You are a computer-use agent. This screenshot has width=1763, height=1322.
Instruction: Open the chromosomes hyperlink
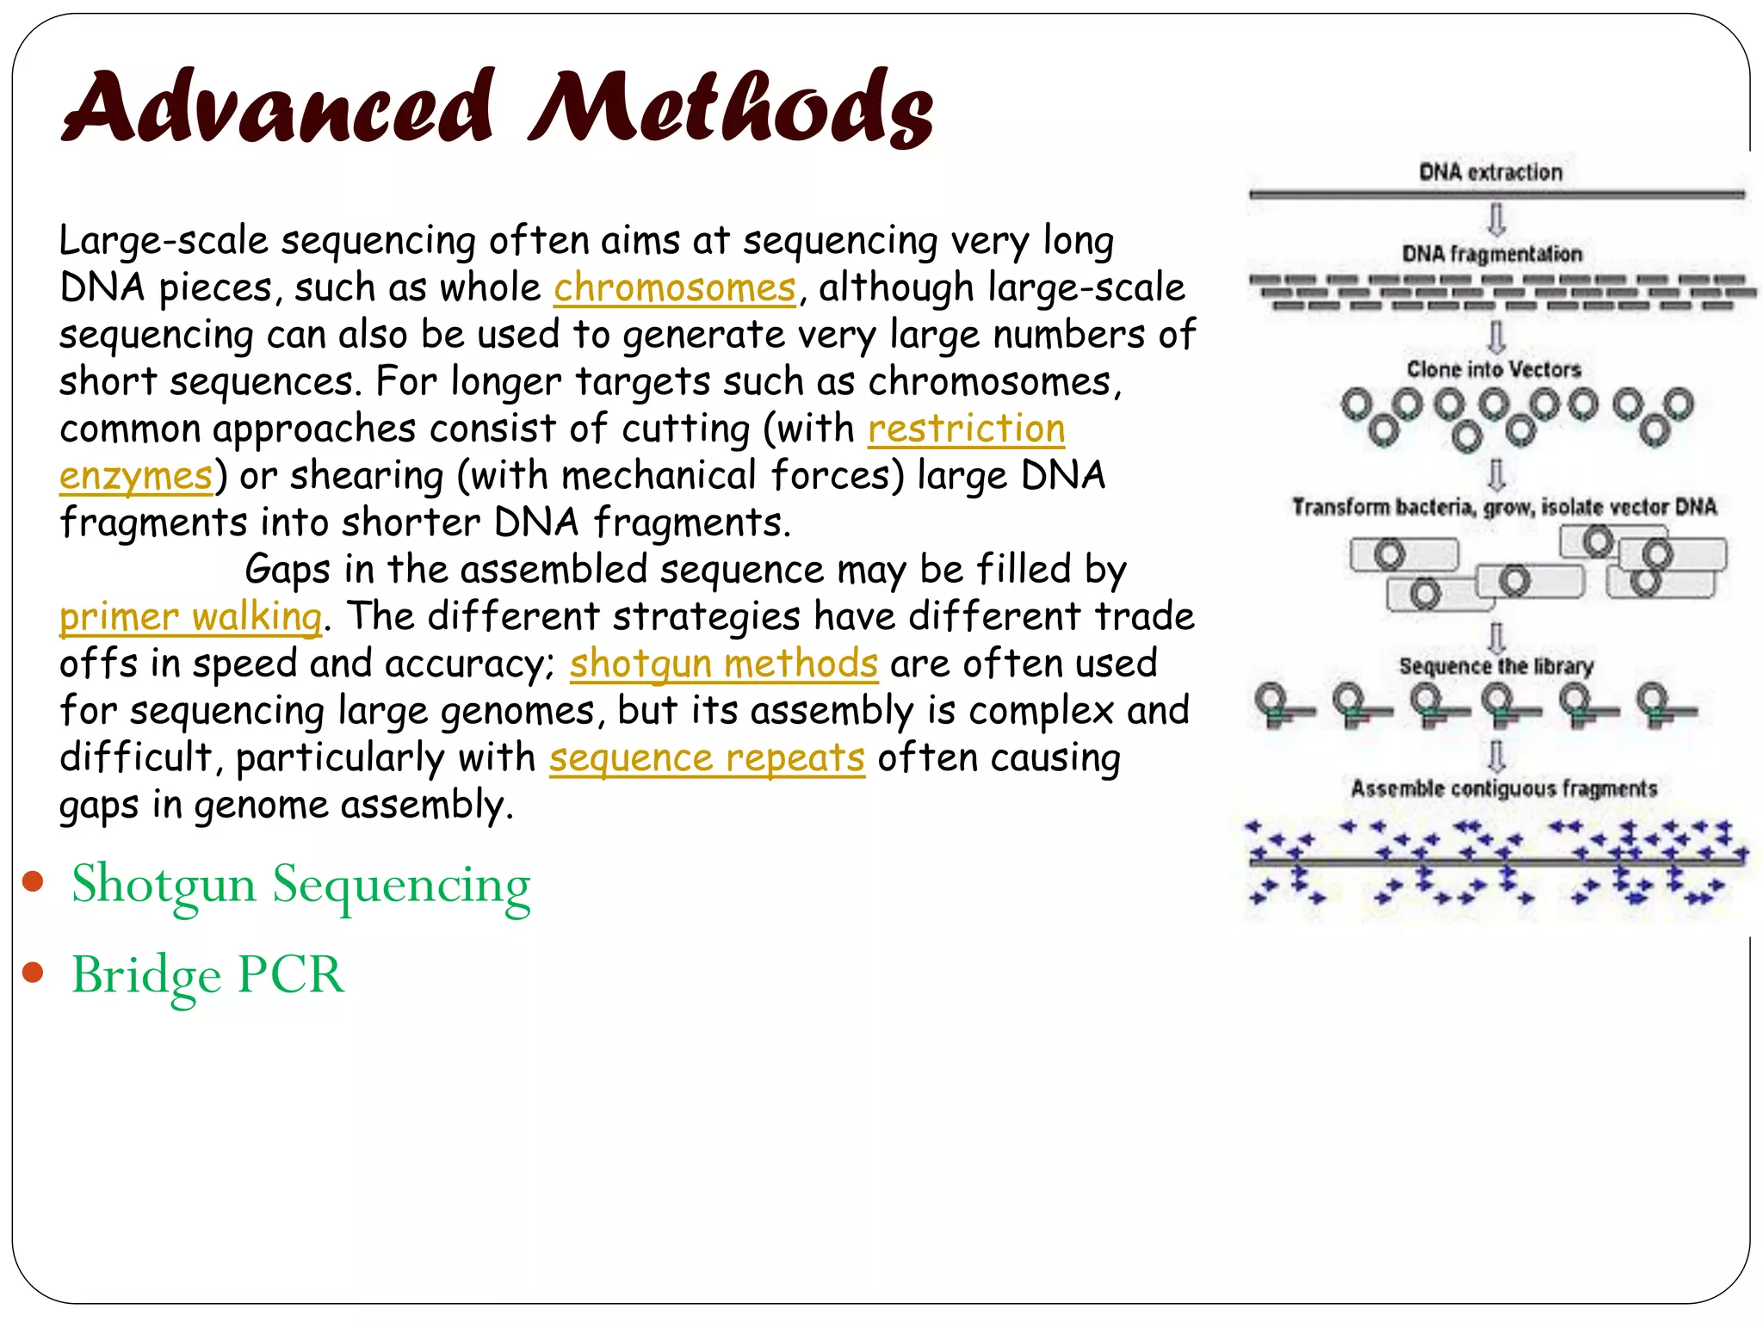click(675, 288)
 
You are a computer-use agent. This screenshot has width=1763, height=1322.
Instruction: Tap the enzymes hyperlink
click(136, 476)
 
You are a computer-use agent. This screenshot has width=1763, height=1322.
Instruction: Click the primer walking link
click(190, 617)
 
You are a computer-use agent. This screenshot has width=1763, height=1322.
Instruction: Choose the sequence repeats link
click(707, 758)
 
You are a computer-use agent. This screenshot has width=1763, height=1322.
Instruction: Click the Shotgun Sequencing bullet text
click(300, 886)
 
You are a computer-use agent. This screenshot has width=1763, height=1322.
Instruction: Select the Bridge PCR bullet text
click(207, 975)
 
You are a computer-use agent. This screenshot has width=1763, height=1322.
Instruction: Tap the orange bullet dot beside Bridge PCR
click(34, 973)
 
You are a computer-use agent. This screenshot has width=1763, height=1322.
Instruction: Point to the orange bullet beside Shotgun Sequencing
click(34, 881)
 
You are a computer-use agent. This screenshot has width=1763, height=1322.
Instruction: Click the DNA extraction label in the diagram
click(1490, 172)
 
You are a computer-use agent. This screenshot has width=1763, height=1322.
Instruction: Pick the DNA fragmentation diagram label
click(1492, 254)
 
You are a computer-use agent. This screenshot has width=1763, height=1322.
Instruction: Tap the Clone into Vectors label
click(1494, 369)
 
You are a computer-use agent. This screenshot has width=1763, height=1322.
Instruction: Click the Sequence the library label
click(1496, 666)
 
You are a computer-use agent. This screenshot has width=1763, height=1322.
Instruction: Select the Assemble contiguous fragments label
click(1503, 788)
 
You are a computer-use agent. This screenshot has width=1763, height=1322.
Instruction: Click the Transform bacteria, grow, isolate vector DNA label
click(1504, 507)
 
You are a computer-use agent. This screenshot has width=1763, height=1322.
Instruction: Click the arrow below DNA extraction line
click(1497, 219)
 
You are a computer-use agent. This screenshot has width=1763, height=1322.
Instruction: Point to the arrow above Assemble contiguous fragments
click(1497, 755)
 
